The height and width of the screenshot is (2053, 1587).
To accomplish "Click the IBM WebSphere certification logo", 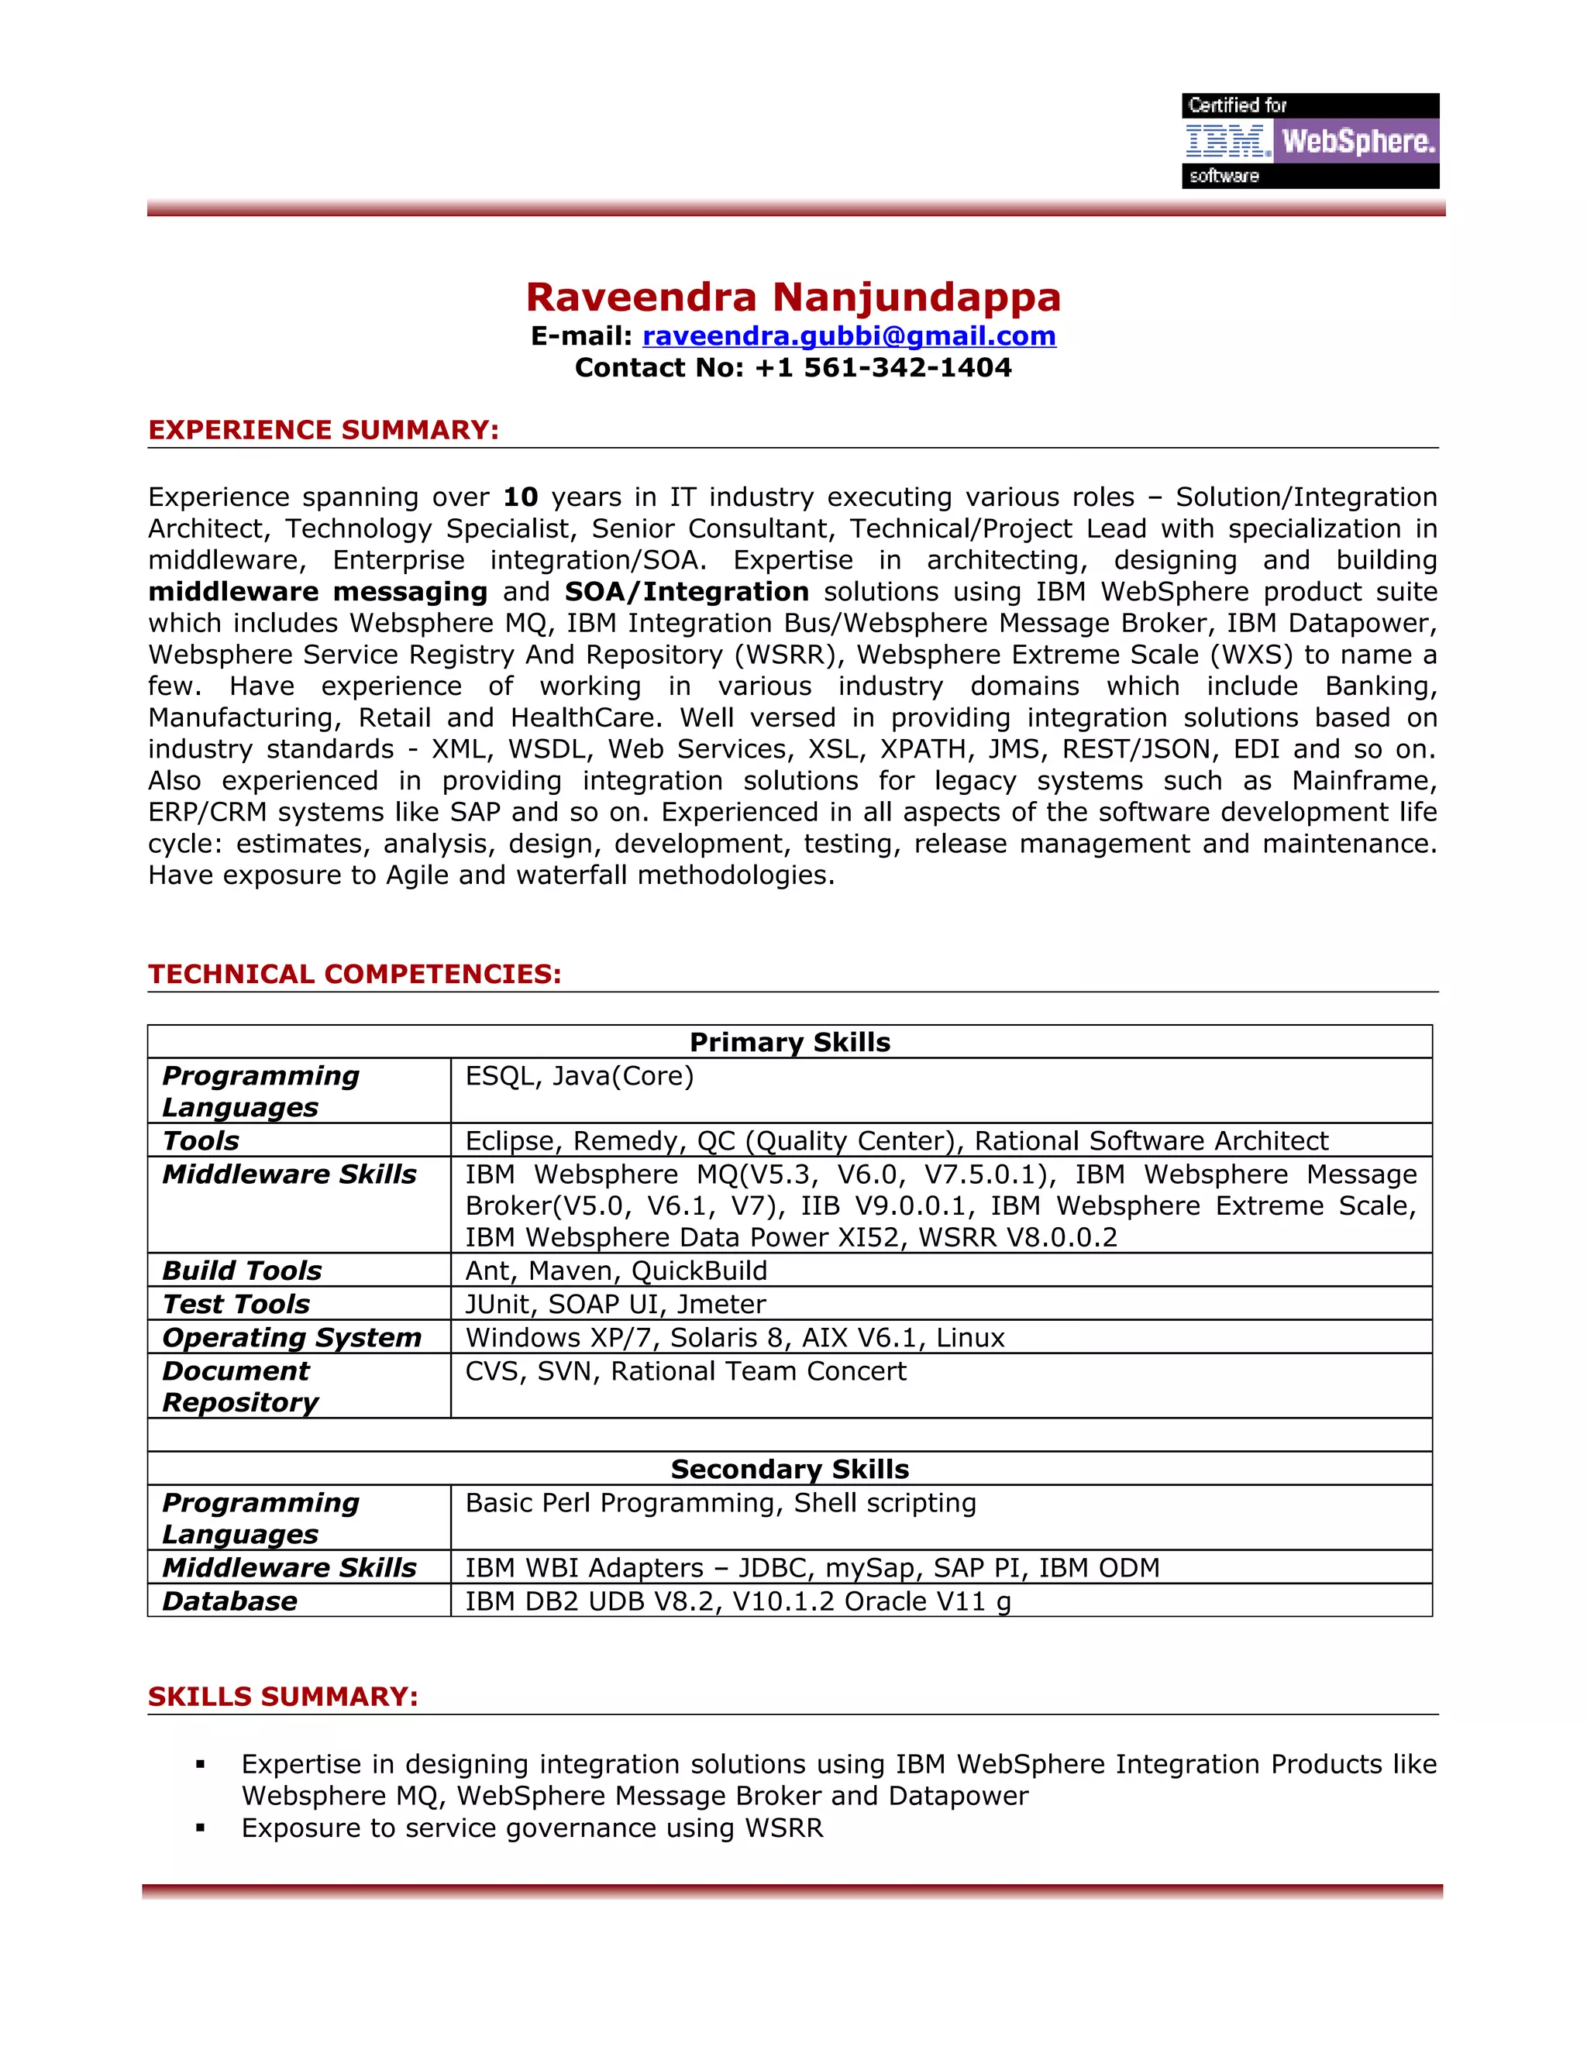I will click(x=1310, y=141).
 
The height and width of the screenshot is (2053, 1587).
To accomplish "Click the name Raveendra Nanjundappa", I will click(x=793, y=297).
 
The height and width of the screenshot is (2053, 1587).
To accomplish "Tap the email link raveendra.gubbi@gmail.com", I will click(x=849, y=335).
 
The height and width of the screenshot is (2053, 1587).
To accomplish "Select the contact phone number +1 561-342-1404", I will click(x=883, y=367).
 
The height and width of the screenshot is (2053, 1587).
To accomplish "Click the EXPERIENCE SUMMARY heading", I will click(x=323, y=430).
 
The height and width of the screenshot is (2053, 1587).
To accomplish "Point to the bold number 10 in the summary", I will click(x=520, y=497).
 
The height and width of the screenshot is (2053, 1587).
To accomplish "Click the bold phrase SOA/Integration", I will click(x=687, y=591).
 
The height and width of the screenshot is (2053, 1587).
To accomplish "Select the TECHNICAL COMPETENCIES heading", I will click(x=354, y=974).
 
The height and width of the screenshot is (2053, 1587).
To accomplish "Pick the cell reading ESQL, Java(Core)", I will click(x=579, y=1075).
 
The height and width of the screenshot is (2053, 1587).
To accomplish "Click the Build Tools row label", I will click(x=242, y=1270).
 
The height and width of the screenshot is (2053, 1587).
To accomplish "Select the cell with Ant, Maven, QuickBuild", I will click(x=616, y=1270).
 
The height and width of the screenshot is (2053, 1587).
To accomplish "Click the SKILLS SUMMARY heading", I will click(x=283, y=1697).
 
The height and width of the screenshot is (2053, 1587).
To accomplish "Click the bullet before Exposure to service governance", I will click(x=200, y=1828).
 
